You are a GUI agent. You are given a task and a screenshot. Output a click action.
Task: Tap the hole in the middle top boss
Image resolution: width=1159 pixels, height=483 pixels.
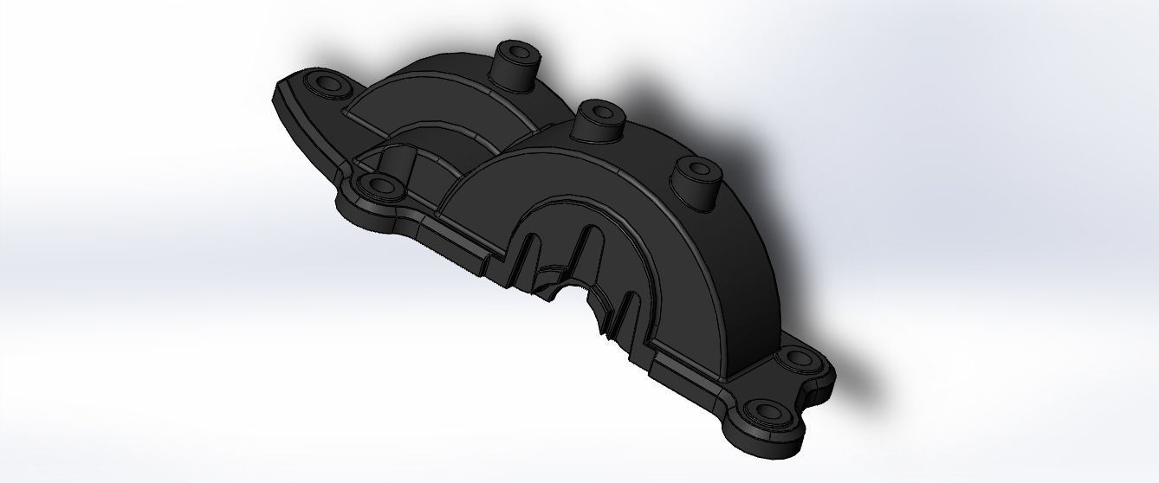598,112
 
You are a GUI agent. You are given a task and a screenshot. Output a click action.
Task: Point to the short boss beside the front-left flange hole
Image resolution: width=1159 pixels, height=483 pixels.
397,163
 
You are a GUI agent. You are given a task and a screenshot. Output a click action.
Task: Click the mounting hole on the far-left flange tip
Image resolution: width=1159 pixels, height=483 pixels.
329,83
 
